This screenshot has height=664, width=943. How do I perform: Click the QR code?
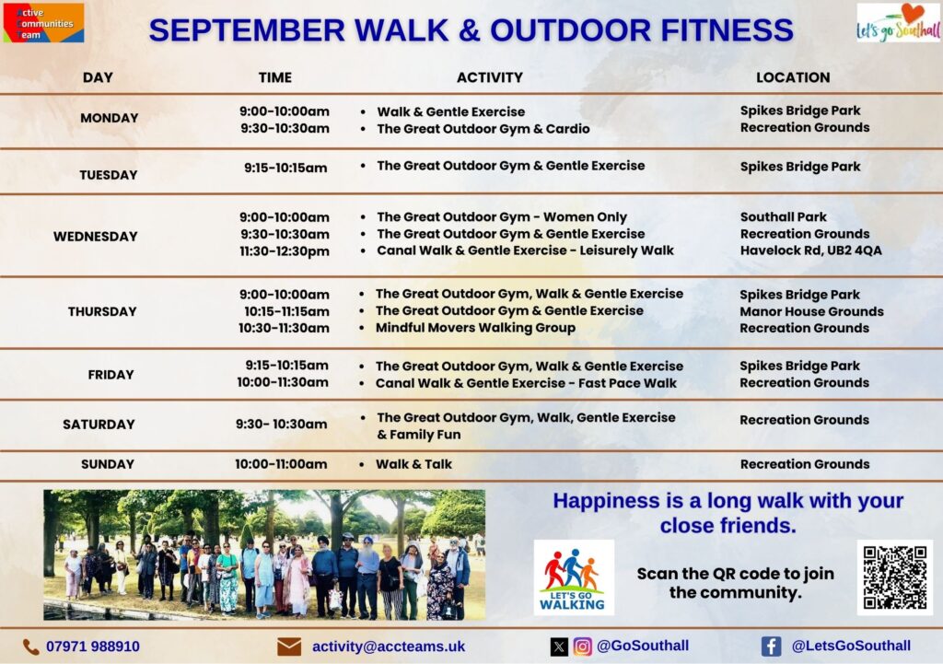[894, 577]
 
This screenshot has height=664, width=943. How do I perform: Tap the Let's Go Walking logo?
[574, 577]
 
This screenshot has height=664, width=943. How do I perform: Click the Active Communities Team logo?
[43, 23]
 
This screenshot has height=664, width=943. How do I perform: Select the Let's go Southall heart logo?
[899, 23]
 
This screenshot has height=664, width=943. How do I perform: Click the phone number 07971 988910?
[93, 647]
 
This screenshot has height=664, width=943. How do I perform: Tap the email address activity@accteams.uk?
[389, 647]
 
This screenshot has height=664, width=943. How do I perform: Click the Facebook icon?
[771, 647]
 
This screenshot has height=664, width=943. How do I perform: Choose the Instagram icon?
[582, 647]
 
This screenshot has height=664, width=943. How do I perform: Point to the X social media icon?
[559, 647]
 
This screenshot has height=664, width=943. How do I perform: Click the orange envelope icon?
[289, 647]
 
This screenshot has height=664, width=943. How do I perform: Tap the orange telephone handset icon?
[30, 647]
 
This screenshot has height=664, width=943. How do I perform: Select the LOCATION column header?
[793, 77]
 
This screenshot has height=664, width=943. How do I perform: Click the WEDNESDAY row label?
[95, 237]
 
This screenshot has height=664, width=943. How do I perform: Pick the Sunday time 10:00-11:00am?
[281, 464]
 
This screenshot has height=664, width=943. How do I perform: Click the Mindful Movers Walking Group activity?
[475, 328]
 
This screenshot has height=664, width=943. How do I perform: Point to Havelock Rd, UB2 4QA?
[810, 250]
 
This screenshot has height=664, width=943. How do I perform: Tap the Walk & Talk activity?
[413, 464]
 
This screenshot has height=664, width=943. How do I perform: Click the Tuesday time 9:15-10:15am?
[285, 168]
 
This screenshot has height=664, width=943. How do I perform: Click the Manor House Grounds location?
[811, 311]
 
